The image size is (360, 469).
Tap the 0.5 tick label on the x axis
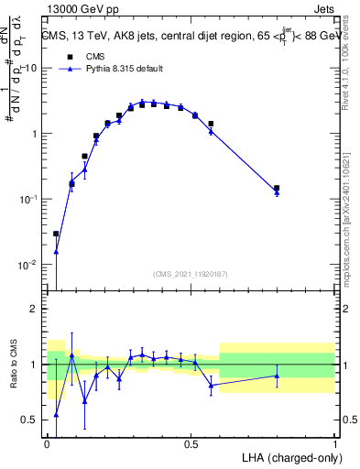(191, 443)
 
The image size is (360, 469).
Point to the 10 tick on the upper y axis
(30, 69)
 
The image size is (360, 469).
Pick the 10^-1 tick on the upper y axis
(28, 200)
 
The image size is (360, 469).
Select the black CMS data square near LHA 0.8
(277, 188)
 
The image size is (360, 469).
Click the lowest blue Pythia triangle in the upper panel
(56, 252)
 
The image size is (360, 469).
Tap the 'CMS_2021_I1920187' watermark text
(191, 274)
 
